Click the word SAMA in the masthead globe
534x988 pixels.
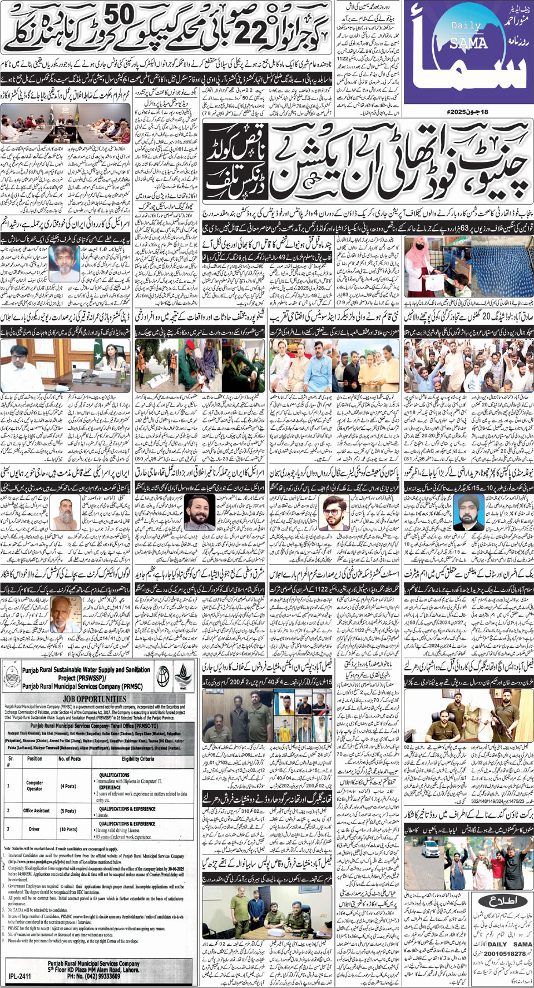[x=468, y=43]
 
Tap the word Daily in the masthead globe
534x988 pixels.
[x=466, y=26]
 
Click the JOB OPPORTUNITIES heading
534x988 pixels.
[x=95, y=699]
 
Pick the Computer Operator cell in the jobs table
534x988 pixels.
[x=34, y=786]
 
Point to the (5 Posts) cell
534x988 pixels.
[x=68, y=811]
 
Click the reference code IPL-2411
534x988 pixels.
[x=20, y=976]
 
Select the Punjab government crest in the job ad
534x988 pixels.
[x=11, y=677]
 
